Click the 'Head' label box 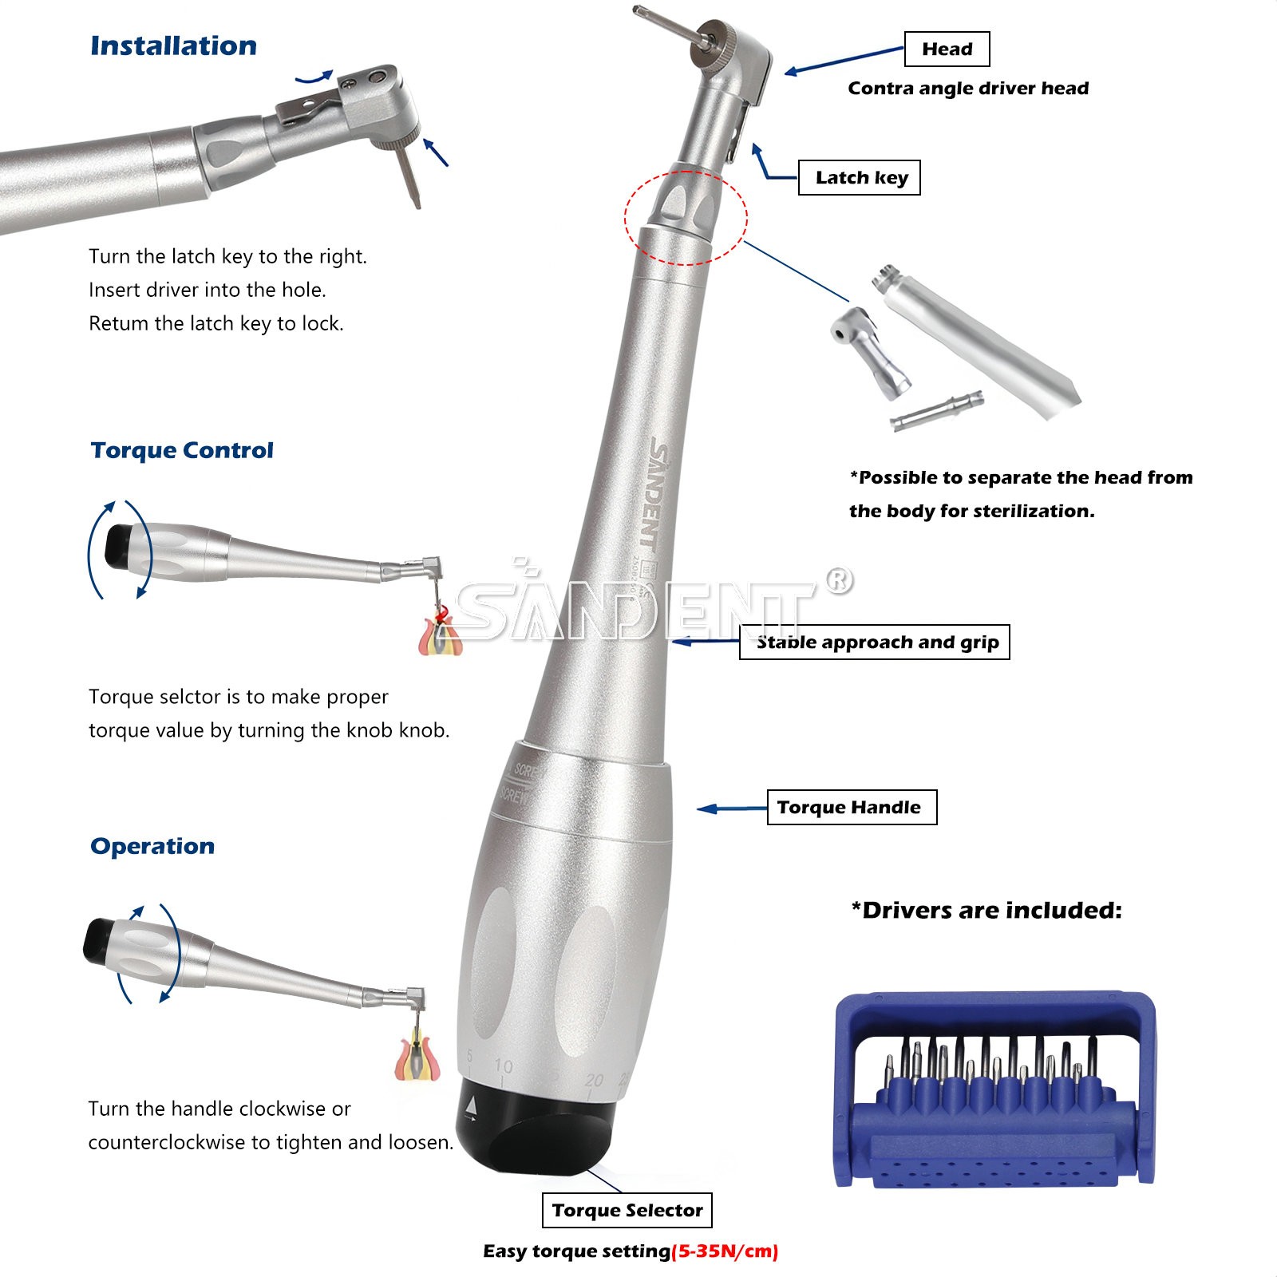947,49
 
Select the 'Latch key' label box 860,177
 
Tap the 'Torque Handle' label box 852,807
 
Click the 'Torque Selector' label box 627,1210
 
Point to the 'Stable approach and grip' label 875,642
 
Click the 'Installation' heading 173,45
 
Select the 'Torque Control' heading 182,450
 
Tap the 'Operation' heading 152,846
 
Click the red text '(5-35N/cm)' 725,1251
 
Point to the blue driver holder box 994,1089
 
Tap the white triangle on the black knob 471,1107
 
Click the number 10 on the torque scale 503,1065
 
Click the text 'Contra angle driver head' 968,88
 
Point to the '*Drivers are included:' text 986,910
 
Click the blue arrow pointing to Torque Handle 731,809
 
